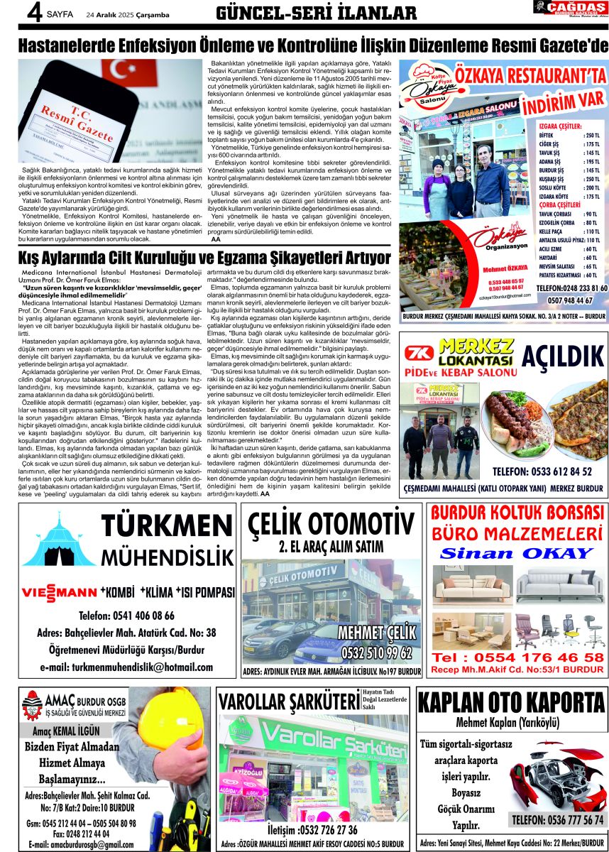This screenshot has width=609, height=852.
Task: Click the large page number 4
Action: [13, 13]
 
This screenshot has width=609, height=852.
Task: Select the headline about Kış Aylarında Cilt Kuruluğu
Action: [205, 256]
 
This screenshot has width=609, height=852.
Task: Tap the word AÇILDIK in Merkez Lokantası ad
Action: [562, 356]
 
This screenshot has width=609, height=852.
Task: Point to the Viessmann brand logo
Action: [59, 592]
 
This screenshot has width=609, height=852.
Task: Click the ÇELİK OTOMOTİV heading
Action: [331, 525]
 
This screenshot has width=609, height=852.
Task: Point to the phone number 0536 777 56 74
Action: [558, 820]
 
